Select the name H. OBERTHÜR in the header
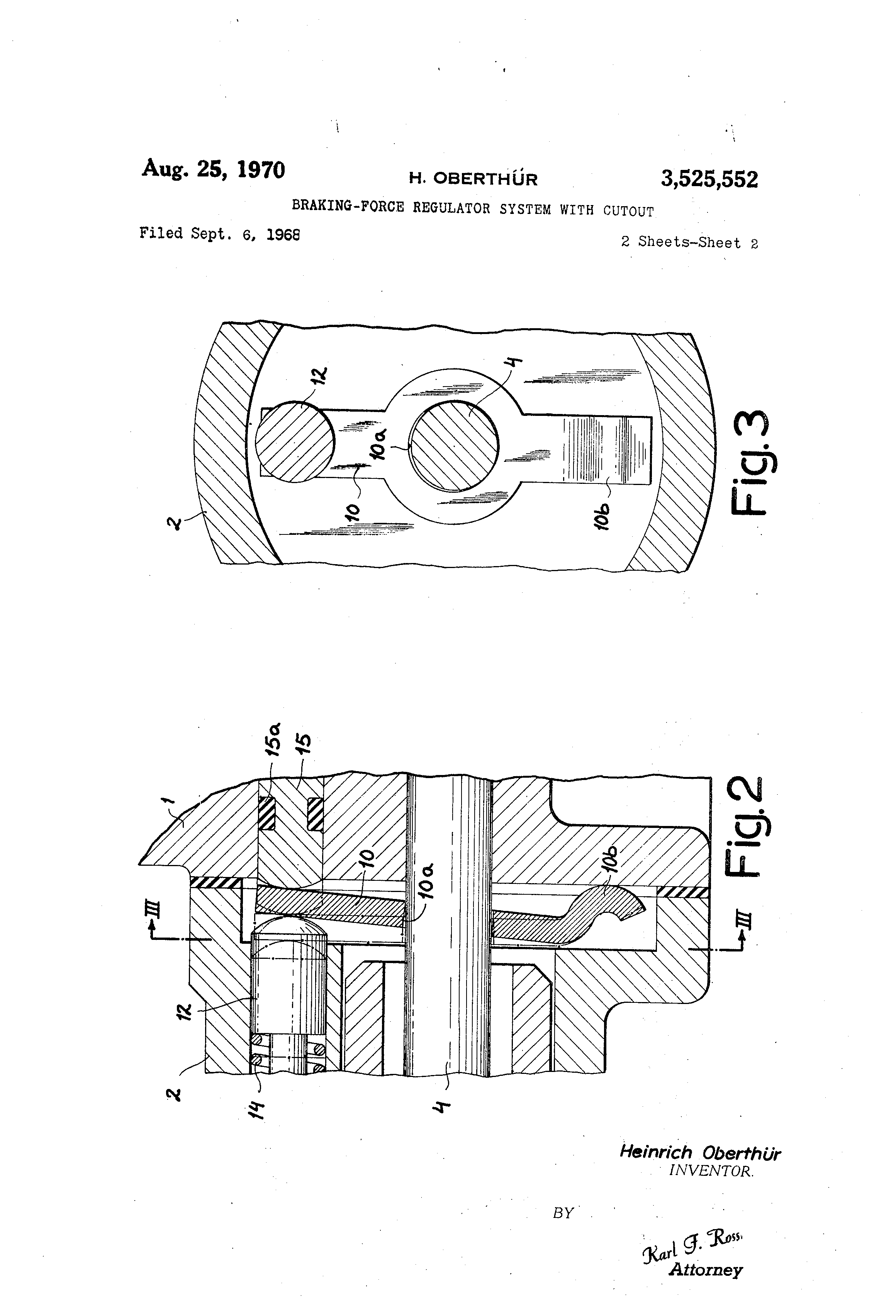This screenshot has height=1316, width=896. (473, 179)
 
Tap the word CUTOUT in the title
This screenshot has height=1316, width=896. (628, 211)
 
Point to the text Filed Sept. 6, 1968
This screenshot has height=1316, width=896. (219, 234)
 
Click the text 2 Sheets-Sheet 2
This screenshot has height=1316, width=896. (689, 243)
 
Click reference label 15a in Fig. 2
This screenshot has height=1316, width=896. (273, 739)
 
